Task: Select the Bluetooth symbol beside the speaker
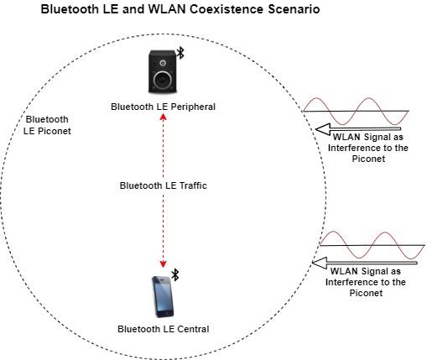180,54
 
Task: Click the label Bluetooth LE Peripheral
163,107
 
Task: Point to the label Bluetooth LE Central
163,328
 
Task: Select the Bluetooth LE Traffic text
163,186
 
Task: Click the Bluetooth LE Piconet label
48,125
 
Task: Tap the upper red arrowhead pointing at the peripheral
163,117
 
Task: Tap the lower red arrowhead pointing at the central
163,263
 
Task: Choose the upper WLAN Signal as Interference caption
368,148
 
